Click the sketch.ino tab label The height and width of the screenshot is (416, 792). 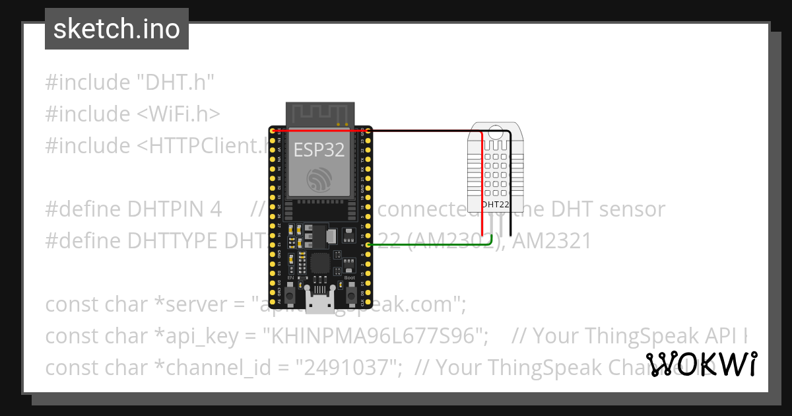(116, 29)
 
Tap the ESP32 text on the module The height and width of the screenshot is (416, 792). (319, 149)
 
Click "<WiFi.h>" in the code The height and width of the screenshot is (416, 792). (178, 114)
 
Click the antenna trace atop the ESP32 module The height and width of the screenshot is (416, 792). (320, 112)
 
